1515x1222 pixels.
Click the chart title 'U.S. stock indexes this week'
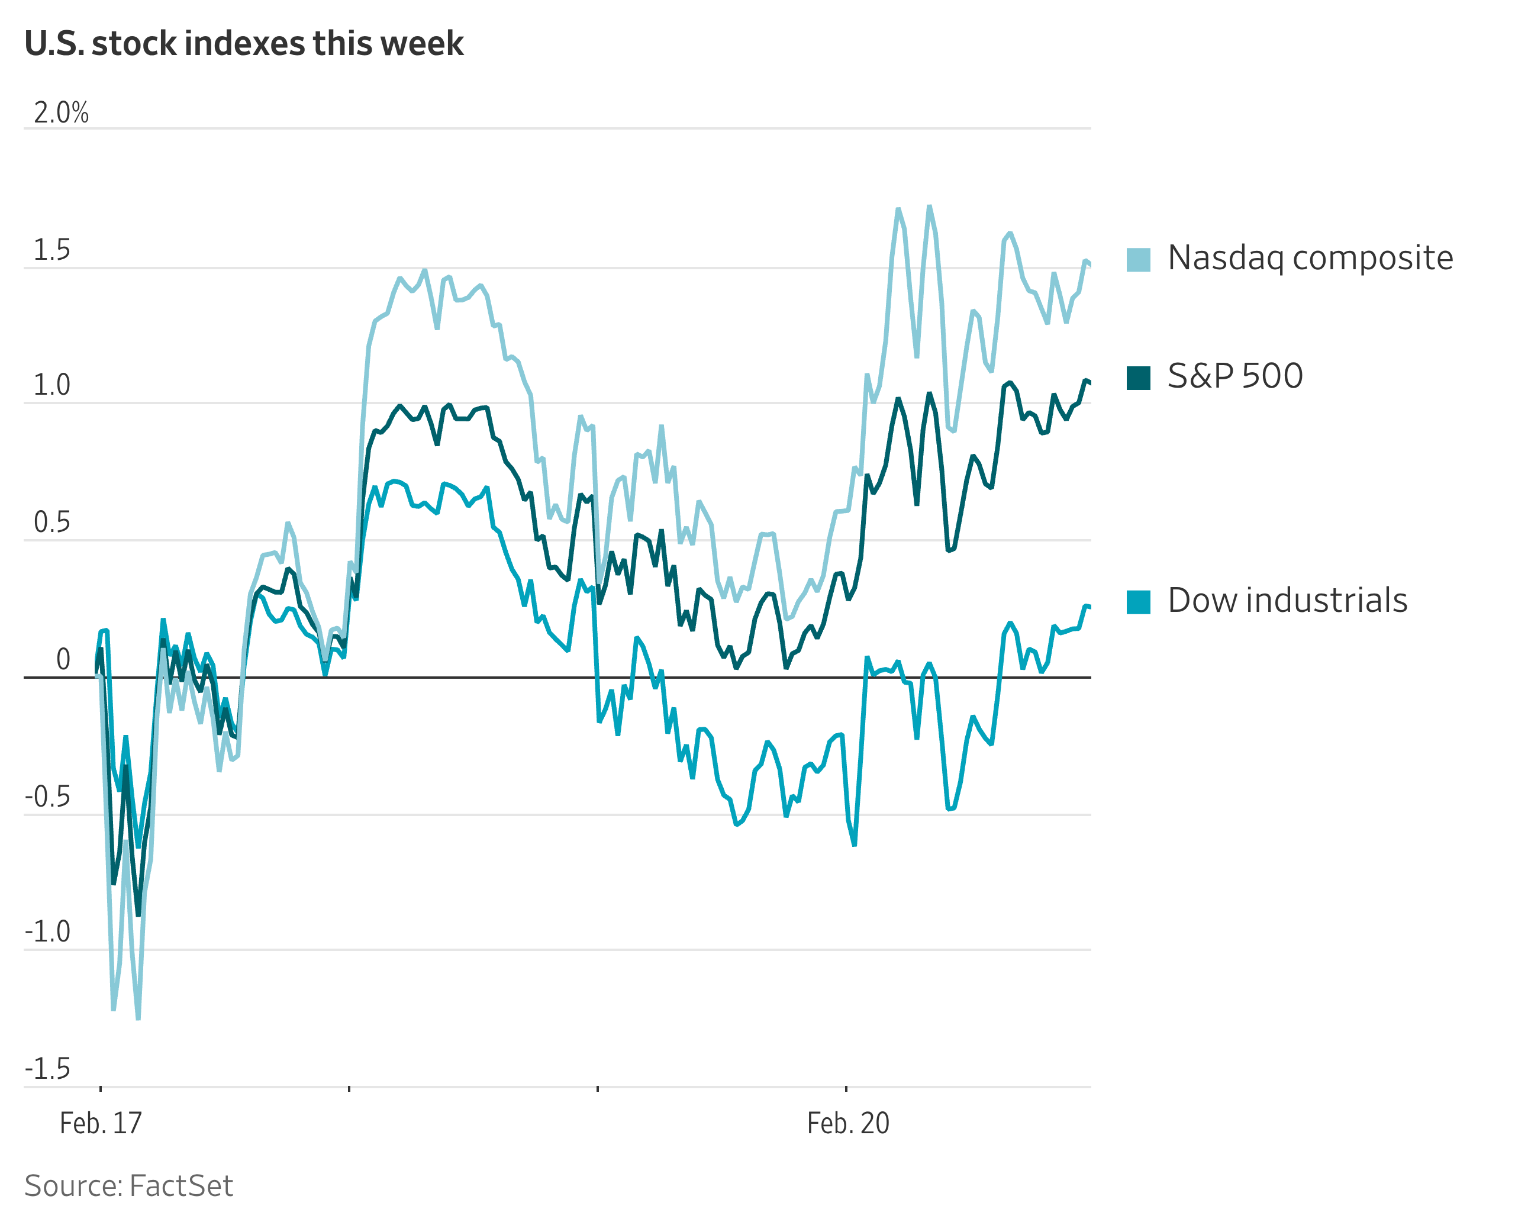pyautogui.click(x=244, y=44)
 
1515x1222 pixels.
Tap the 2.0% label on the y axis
pyautogui.click(x=61, y=112)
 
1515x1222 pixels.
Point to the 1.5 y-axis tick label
pyautogui.click(x=52, y=250)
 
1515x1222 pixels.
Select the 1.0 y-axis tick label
pyautogui.click(x=52, y=386)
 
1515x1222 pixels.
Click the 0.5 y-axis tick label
pyautogui.click(x=52, y=523)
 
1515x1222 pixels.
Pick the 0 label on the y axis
pyautogui.click(x=63, y=660)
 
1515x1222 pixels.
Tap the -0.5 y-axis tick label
pyautogui.click(x=48, y=797)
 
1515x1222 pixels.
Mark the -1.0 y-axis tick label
pyautogui.click(x=48, y=932)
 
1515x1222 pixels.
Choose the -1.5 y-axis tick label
pyautogui.click(x=48, y=1069)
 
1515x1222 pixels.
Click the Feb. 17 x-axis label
pyautogui.click(x=101, y=1123)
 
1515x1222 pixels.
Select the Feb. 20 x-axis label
pyautogui.click(x=847, y=1123)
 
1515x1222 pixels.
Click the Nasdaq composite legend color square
pyautogui.click(x=1139, y=260)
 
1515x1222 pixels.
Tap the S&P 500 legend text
pyautogui.click(x=1235, y=376)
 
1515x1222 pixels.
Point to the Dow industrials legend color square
pyautogui.click(x=1139, y=602)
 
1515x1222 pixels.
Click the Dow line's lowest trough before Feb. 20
pyautogui.click(x=854, y=844)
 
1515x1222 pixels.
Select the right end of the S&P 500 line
pyautogui.click(x=1089, y=382)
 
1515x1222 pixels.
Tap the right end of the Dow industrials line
pyautogui.click(x=1089, y=607)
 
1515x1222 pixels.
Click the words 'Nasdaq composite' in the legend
pyautogui.click(x=1310, y=257)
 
